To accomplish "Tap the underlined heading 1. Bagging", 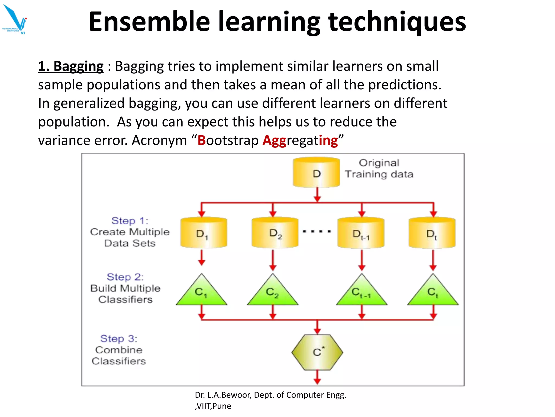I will [x=71, y=67].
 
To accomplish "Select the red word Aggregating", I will [x=300, y=141].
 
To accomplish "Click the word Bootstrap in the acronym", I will [x=228, y=141].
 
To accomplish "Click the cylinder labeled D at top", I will [x=316, y=173].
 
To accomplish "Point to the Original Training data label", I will [x=379, y=169].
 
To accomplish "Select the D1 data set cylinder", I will [x=204, y=233].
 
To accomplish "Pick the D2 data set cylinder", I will [x=275, y=233].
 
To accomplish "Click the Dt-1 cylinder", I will [x=361, y=233].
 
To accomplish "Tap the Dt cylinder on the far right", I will [x=432, y=233].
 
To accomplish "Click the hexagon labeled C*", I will [x=317, y=352].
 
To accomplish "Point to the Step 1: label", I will [x=130, y=221].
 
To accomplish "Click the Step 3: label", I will [x=119, y=339].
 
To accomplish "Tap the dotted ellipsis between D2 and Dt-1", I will [x=317, y=232].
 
